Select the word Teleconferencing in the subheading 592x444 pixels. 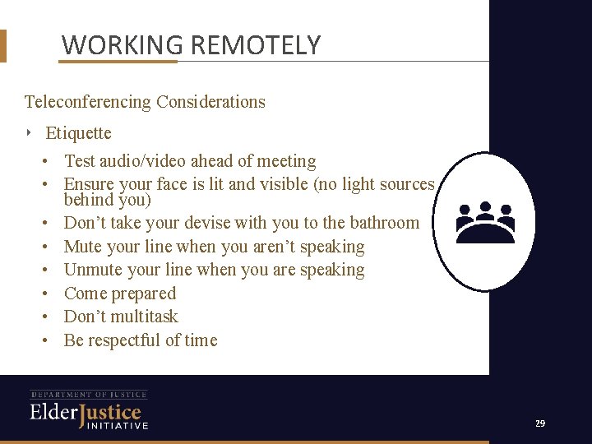tap(88, 102)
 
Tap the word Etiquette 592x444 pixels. tap(78, 133)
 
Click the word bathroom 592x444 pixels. tap(384, 223)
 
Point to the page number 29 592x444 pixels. tap(539, 423)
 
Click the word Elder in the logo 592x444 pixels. tap(53, 412)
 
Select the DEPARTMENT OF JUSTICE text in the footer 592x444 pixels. tap(89, 395)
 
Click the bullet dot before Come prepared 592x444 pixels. tap(49, 294)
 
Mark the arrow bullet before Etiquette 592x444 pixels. tap(30, 132)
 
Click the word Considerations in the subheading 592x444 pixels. tap(210, 102)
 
